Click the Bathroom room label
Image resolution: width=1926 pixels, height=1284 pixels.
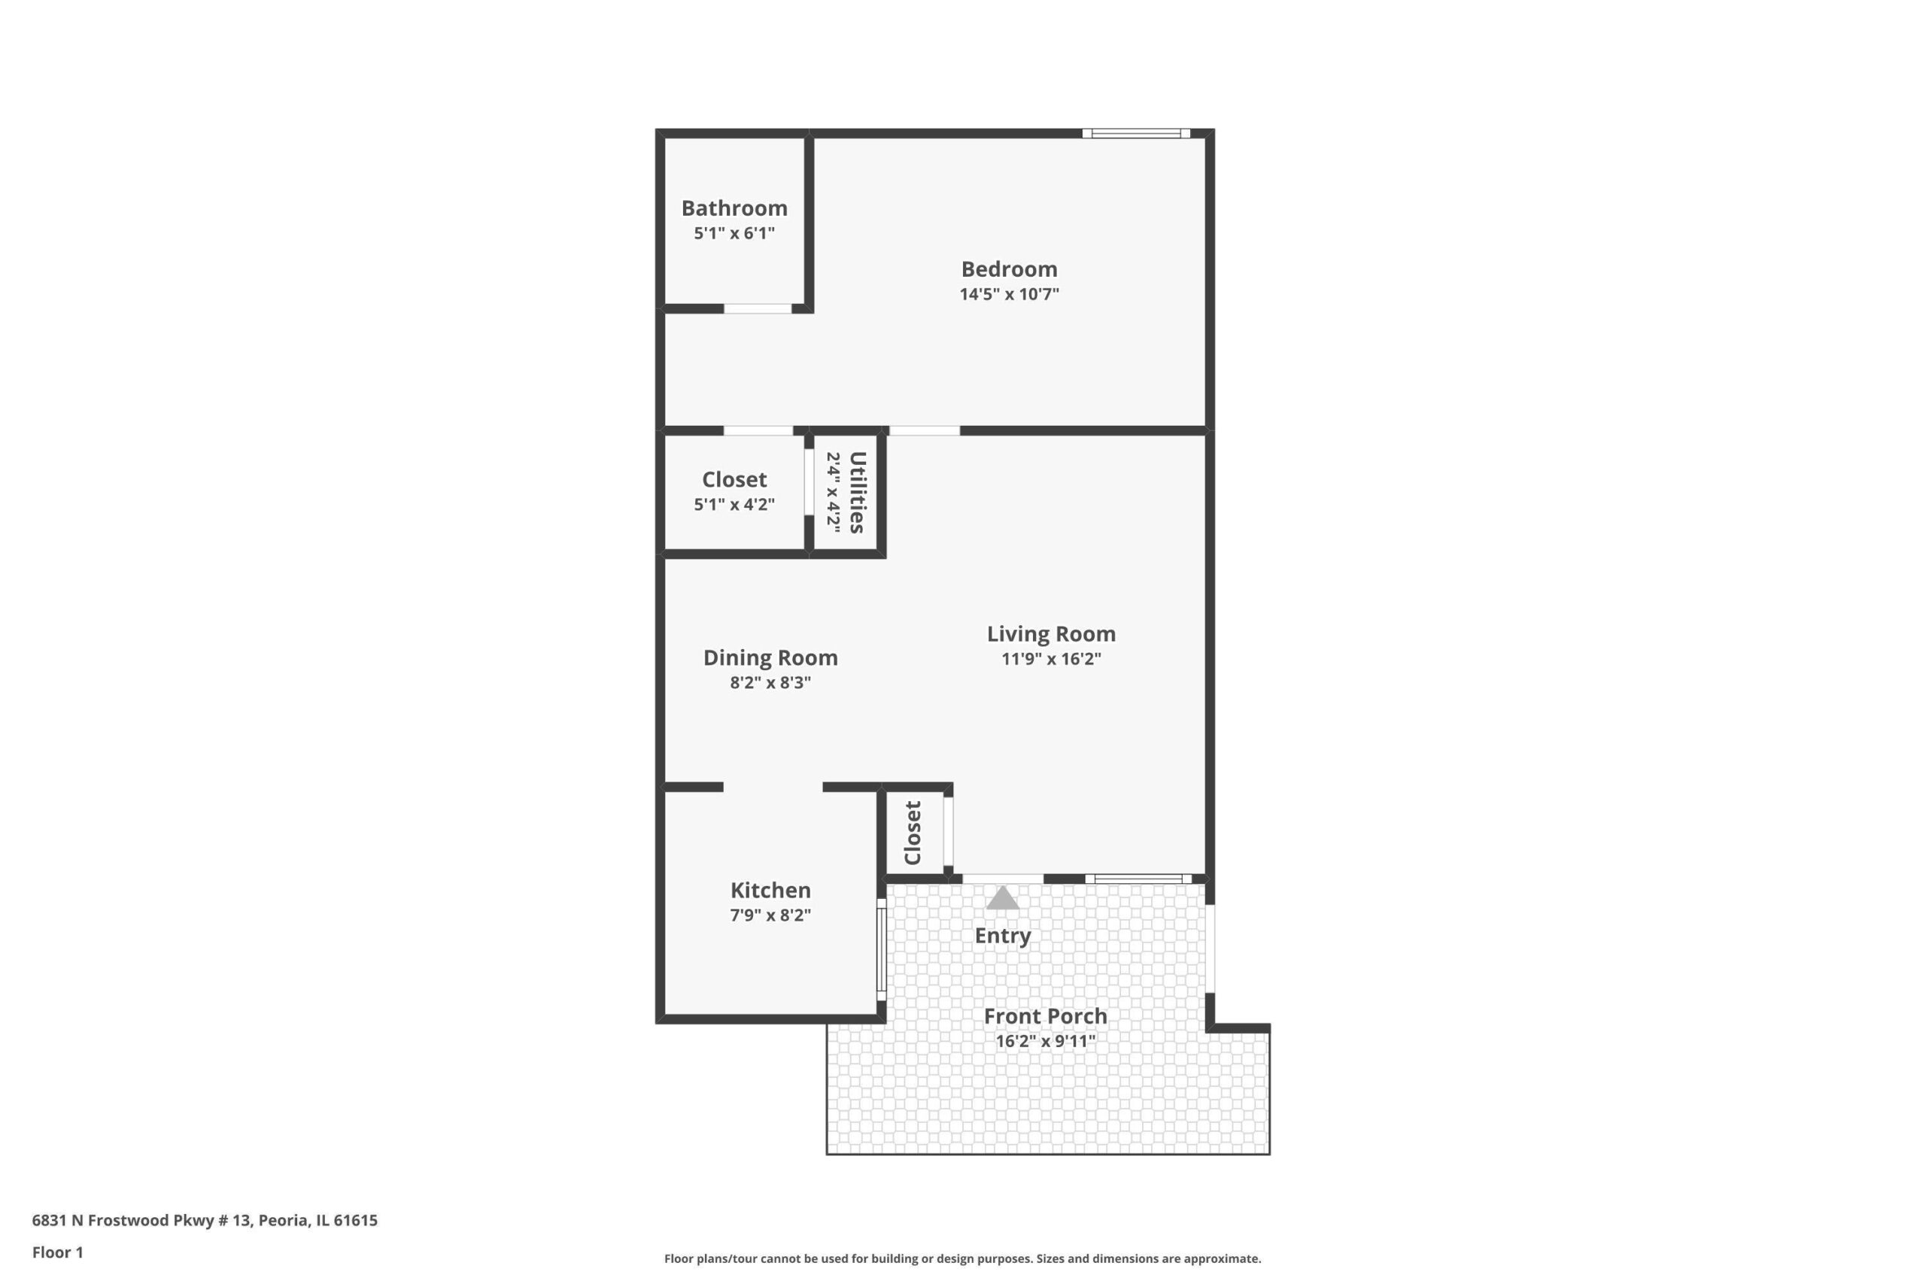click(x=734, y=208)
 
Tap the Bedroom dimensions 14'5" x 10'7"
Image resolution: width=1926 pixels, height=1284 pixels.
click(x=1009, y=294)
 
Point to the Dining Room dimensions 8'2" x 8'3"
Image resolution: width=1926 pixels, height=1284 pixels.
click(x=770, y=682)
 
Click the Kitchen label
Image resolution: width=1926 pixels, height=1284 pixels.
click(x=770, y=890)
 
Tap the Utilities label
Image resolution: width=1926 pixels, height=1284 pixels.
click(x=858, y=492)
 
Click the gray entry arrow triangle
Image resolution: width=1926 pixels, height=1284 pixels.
click(x=1002, y=897)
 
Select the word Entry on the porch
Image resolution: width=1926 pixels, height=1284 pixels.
click(x=1002, y=936)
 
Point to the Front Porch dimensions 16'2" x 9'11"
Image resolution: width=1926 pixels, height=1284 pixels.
click(x=1045, y=1041)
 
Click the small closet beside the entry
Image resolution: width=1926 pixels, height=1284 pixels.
click(x=913, y=833)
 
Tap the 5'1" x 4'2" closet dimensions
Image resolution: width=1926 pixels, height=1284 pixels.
click(x=734, y=504)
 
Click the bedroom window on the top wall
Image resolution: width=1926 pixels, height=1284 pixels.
click(x=1136, y=133)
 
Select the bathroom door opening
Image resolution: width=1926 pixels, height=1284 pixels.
click(x=758, y=308)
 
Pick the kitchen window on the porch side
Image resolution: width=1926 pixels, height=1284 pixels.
click(x=882, y=950)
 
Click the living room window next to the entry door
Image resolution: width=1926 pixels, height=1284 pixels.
click(x=1138, y=879)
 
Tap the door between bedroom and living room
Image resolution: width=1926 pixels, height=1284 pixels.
click(x=925, y=431)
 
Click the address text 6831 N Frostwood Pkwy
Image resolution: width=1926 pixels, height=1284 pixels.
click(x=144, y=1220)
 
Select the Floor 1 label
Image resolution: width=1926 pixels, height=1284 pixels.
click(x=57, y=1252)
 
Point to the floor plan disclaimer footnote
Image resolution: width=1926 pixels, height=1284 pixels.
click(x=962, y=1258)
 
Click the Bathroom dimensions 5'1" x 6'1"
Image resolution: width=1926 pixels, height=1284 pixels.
click(x=734, y=232)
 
